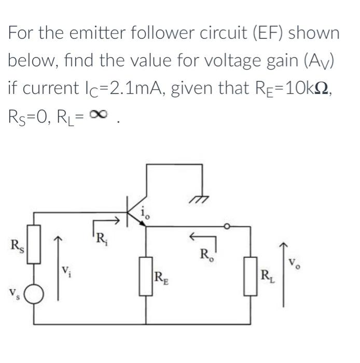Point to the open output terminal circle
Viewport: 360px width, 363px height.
tap(226, 227)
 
